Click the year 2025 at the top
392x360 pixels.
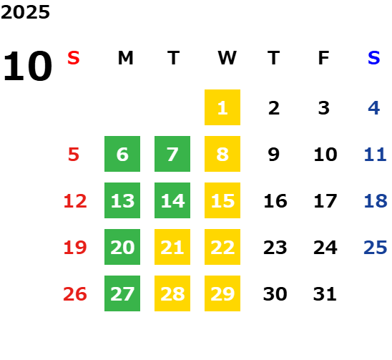pos(25,12)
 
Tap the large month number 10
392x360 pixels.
pos(27,66)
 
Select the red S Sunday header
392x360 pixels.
pos(74,58)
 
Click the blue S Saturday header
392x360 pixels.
pos(373,58)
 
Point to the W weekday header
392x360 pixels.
pos(227,58)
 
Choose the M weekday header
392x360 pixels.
pos(125,58)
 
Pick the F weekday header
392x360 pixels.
pos(324,58)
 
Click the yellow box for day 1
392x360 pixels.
pos(222,107)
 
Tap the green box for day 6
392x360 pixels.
pos(122,154)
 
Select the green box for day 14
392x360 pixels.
pos(172,200)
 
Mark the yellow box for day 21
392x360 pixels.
pos(172,247)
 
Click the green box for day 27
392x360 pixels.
pos(122,293)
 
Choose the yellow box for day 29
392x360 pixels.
pos(222,293)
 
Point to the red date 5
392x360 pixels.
pos(74,155)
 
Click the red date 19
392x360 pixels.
pos(75,248)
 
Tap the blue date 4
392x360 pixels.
pos(374,108)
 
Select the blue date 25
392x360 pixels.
pos(376,248)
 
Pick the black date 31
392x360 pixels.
pos(325,294)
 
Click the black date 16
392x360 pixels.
pos(275,201)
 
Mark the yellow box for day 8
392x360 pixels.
pos(222,154)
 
